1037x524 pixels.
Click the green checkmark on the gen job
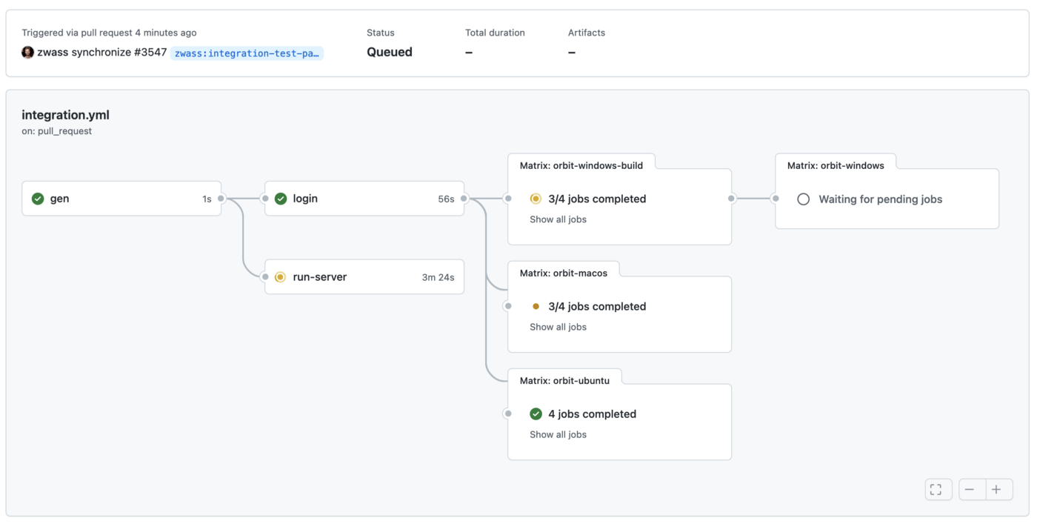click(38, 199)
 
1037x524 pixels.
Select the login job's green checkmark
click(281, 199)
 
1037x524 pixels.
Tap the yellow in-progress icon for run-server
click(280, 277)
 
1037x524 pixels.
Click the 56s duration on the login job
click(446, 199)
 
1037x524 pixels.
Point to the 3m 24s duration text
click(438, 277)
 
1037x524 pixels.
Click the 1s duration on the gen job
click(207, 199)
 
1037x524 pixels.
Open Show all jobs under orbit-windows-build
click(558, 219)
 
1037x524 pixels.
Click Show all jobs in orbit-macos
click(558, 327)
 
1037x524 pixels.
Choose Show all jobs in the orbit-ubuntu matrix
click(558, 434)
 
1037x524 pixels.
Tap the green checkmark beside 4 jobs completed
click(536, 414)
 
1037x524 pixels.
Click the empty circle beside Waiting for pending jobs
click(803, 199)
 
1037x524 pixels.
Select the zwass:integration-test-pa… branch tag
click(247, 53)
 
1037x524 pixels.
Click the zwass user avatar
click(28, 53)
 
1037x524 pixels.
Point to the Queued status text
click(390, 52)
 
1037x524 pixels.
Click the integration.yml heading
click(65, 115)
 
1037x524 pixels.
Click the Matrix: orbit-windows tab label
click(836, 165)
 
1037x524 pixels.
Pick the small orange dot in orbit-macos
click(536, 306)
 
